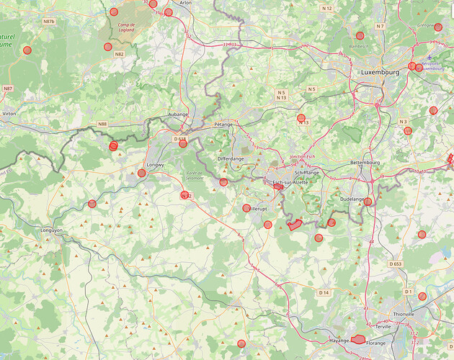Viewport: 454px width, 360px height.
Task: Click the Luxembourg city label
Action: [380, 73]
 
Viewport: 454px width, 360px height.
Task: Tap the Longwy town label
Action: [155, 165]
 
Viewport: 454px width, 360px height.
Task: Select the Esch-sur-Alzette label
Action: [290, 182]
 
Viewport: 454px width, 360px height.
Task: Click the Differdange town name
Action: [231, 158]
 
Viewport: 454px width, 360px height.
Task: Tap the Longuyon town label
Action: [52, 230]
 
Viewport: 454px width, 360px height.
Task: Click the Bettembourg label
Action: [364, 163]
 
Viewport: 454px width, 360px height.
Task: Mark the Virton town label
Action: [9, 114]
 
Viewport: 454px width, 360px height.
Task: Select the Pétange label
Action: [223, 124]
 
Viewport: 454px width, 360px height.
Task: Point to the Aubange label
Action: [177, 114]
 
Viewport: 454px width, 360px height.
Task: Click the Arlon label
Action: [185, 3]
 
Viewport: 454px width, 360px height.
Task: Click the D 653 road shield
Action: [396, 264]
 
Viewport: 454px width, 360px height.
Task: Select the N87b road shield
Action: [49, 22]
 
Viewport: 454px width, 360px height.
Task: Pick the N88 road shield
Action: [102, 125]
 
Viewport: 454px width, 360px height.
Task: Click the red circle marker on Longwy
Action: [142, 173]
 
